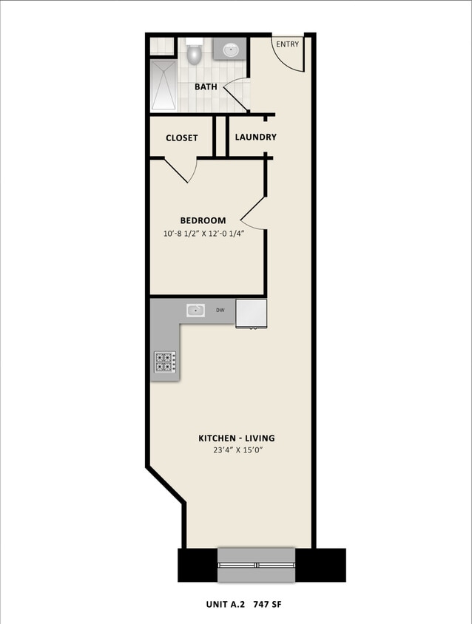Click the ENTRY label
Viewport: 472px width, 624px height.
tap(288, 44)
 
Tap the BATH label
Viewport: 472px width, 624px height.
tap(206, 87)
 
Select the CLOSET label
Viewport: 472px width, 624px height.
tap(181, 138)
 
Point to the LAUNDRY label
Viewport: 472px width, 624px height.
tap(256, 137)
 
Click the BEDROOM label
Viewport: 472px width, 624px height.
tap(203, 220)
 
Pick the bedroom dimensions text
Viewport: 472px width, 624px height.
tap(203, 234)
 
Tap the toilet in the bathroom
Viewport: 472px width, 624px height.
tap(195, 53)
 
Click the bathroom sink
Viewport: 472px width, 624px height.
tap(231, 50)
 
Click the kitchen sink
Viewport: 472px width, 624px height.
tap(195, 311)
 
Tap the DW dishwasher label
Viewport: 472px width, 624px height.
tap(220, 311)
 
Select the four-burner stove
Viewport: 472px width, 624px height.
tap(165, 362)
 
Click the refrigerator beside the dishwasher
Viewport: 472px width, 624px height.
tap(251, 313)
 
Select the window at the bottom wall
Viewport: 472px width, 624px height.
tap(255, 565)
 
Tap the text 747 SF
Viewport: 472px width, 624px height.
tap(266, 605)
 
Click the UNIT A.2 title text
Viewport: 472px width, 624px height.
tap(226, 605)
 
